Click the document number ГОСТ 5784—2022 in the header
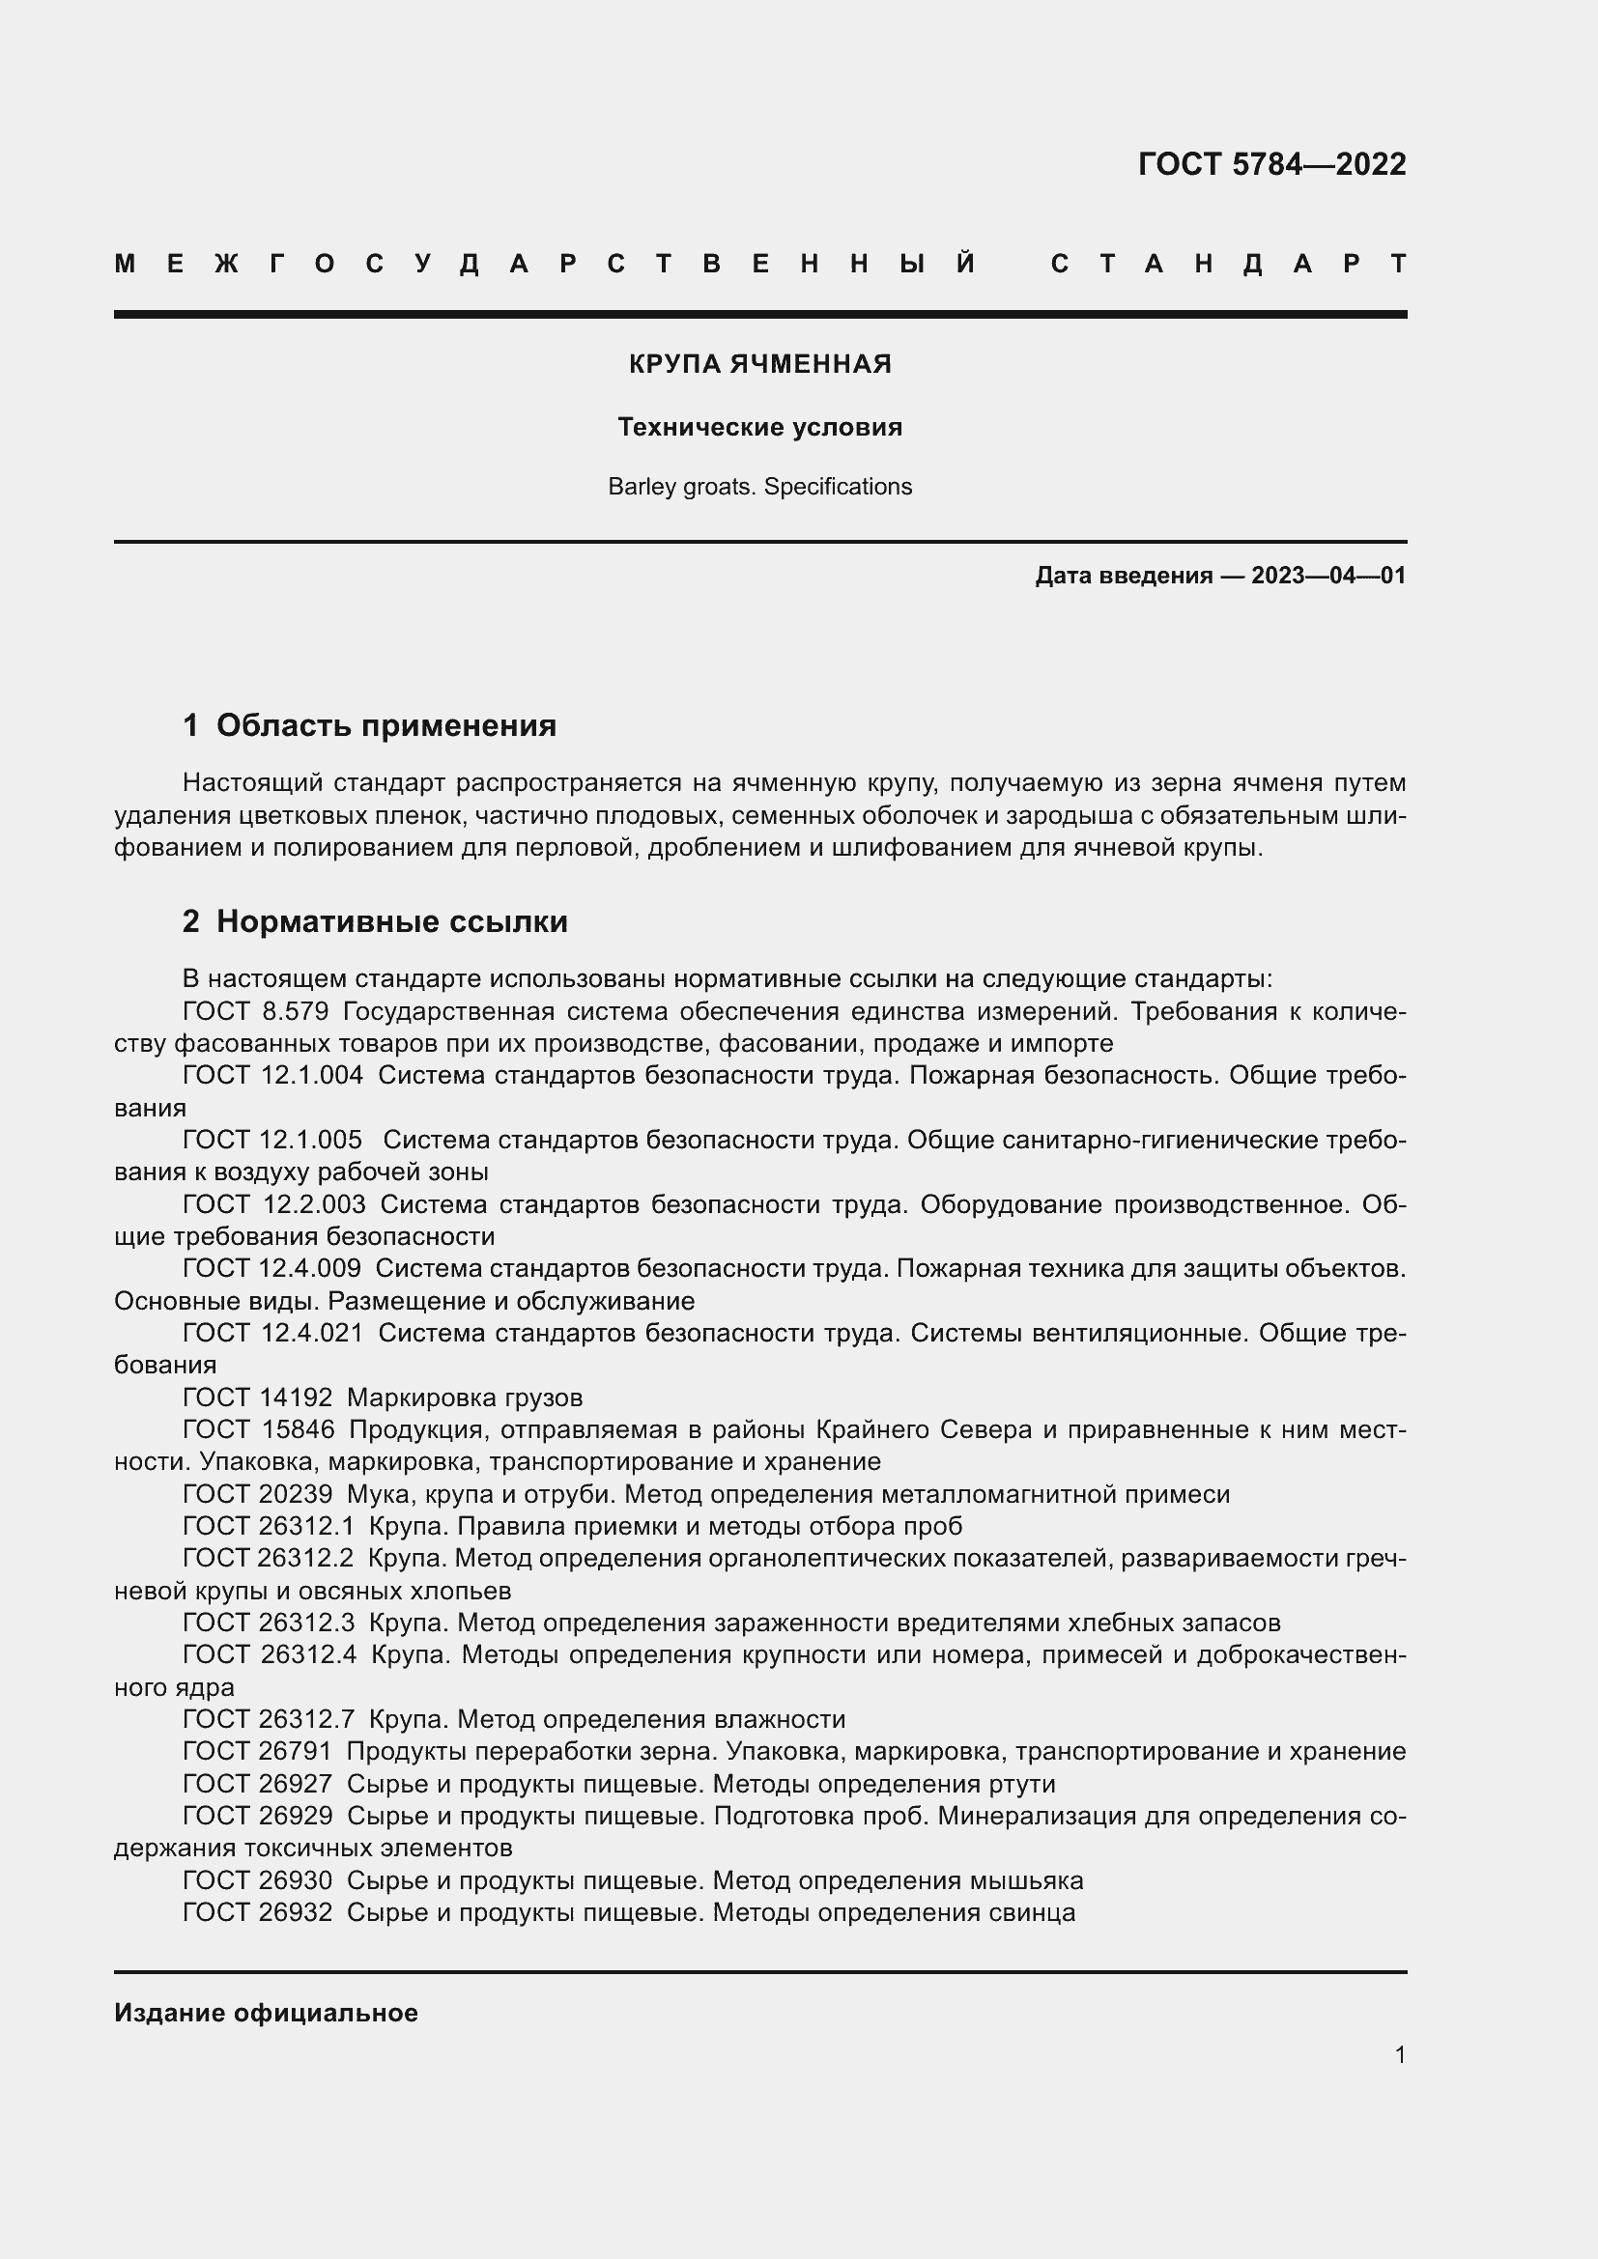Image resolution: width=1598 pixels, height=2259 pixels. coord(1271,164)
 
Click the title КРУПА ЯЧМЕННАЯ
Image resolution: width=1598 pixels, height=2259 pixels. coord(759,364)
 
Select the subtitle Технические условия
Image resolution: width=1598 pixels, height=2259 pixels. coord(759,427)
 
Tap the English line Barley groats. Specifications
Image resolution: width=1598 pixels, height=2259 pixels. coord(759,487)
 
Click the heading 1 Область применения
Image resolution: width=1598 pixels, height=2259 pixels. coord(369,726)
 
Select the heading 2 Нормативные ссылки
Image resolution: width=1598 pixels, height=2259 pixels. coord(375,922)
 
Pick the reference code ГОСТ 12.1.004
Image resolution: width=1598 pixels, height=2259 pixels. coord(272,1075)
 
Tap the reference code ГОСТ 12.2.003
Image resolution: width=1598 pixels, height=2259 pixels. coord(273,1204)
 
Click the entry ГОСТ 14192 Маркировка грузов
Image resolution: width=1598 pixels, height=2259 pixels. coord(383,1398)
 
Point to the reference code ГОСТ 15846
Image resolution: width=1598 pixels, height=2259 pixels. coord(258,1429)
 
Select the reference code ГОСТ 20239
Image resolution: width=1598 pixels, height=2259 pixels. coord(258,1494)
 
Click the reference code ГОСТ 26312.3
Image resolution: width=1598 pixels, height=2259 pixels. coord(269,1623)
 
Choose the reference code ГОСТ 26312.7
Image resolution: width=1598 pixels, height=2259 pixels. coord(269,1719)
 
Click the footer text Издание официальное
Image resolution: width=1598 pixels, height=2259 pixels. coord(266,2013)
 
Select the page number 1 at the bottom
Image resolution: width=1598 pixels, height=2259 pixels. coord(1400,2054)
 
